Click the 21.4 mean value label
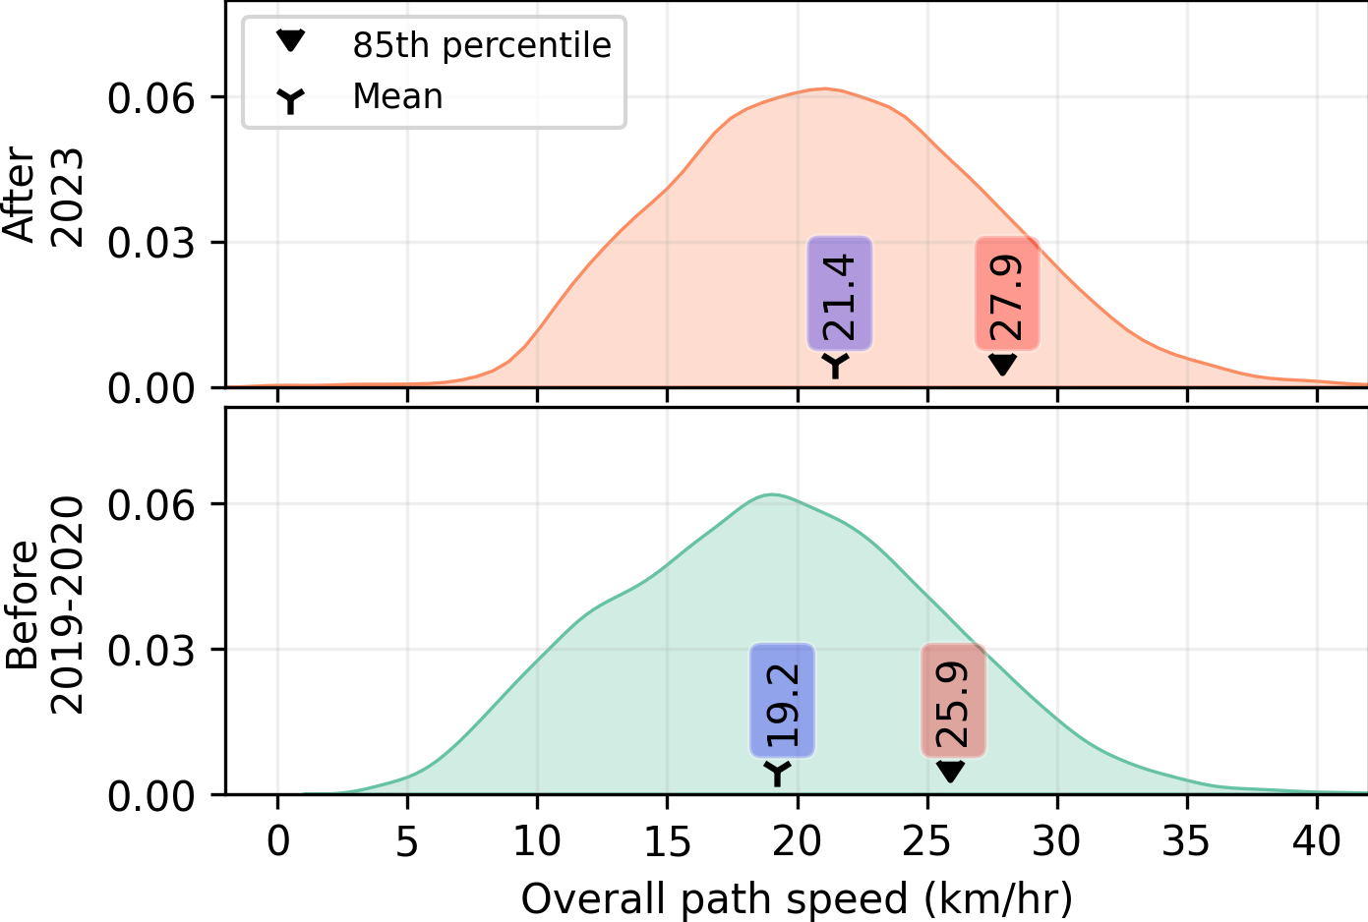pos(840,293)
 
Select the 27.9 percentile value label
pos(1007,293)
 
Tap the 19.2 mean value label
pos(783,701)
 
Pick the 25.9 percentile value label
pos(953,701)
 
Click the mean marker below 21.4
pos(835,364)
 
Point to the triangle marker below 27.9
pos(1002,364)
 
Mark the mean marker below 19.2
pos(778,773)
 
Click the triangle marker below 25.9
pos(950,772)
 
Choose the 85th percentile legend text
pos(482,45)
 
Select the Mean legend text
pos(397,96)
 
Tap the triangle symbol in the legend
pos(291,41)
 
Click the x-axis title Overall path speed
pos(797,898)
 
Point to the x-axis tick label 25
pos(927,841)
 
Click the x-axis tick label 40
pos(1317,841)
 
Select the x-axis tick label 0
pos(278,841)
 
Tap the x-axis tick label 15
pos(668,841)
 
